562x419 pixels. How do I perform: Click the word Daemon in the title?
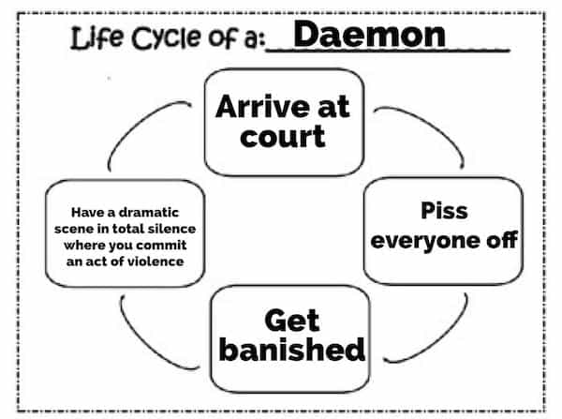(x=369, y=36)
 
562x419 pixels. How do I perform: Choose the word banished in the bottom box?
(x=291, y=350)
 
